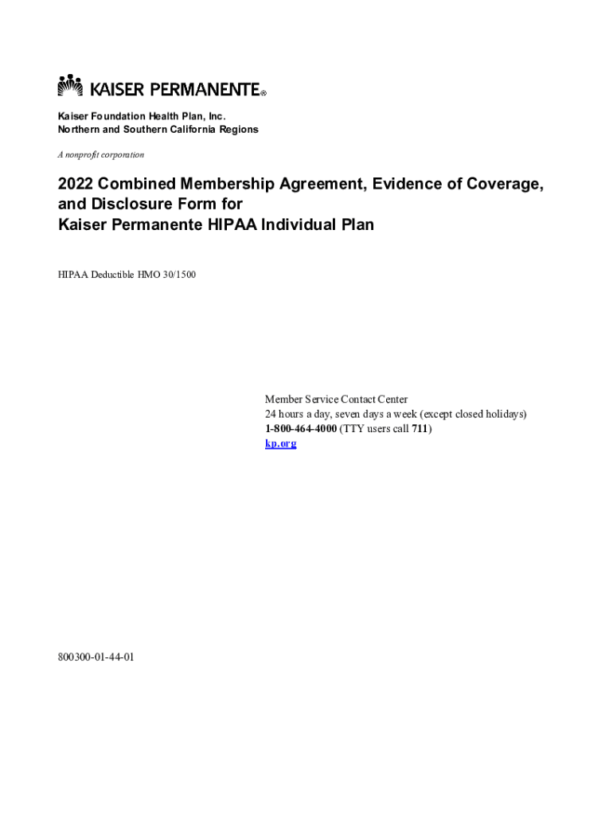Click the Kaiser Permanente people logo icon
70,85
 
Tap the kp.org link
280,443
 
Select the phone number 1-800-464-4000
301,429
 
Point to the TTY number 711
420,429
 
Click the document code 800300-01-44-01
96,657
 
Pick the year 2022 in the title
76,185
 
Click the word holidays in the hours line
502,415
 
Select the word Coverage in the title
502,185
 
